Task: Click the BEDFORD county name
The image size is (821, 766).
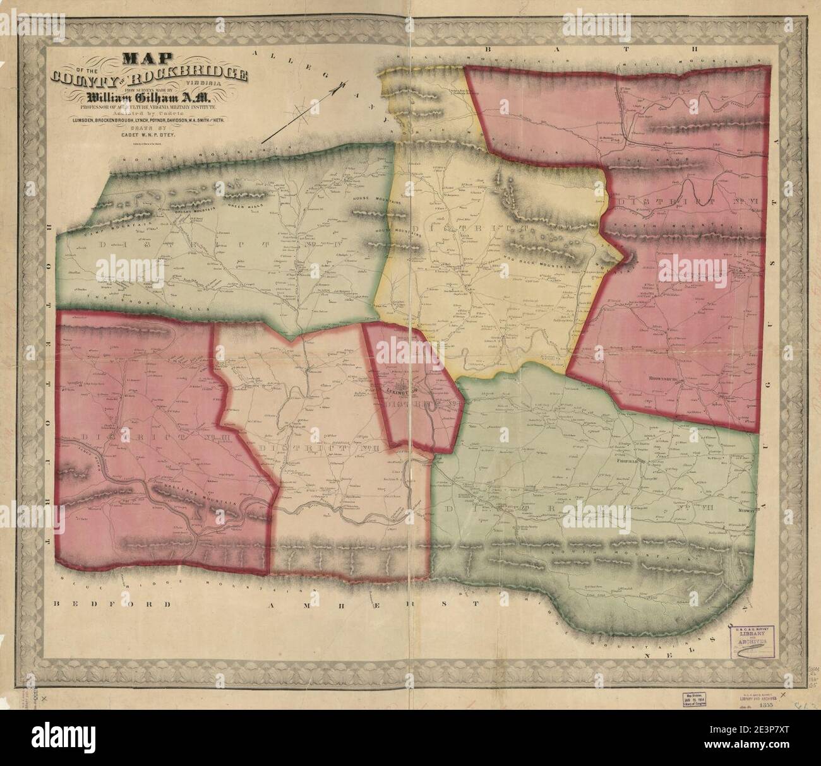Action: (x=112, y=604)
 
